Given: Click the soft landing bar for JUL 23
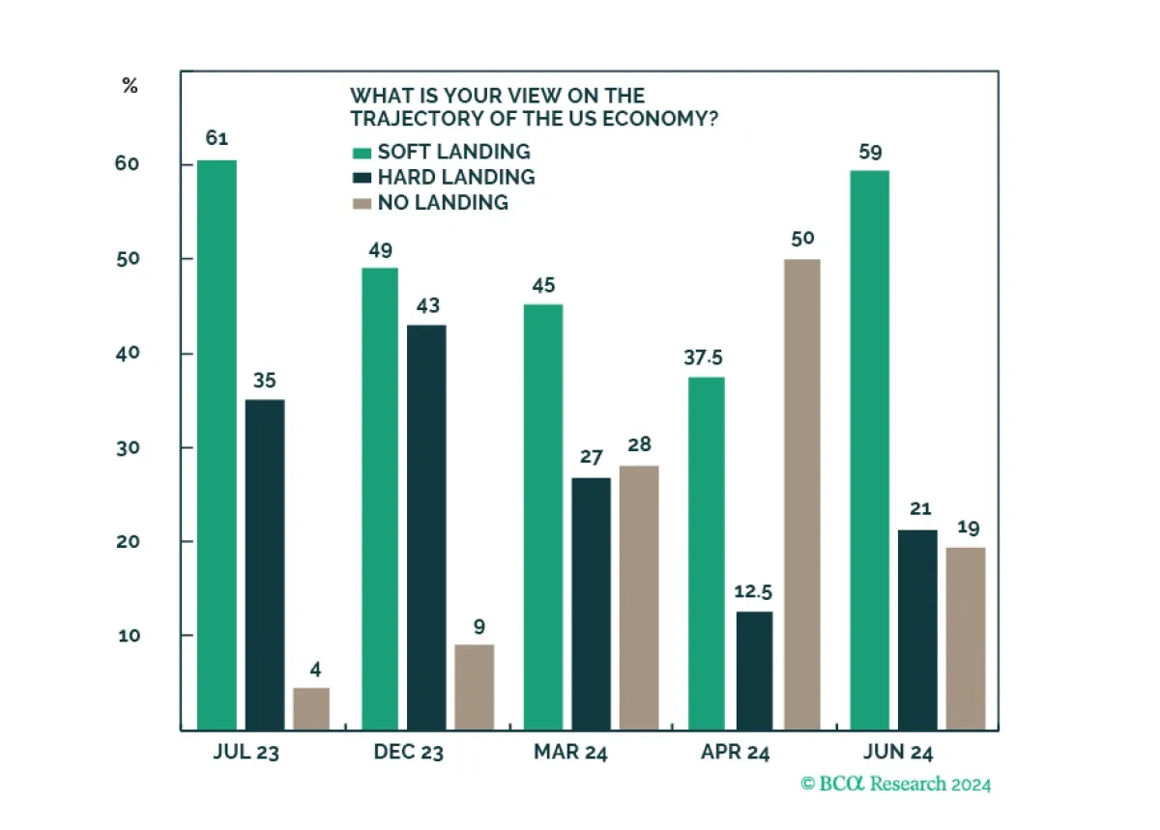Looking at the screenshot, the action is click(x=217, y=444).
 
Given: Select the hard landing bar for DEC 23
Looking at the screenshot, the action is click(x=426, y=528).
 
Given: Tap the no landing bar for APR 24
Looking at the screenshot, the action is click(x=802, y=494).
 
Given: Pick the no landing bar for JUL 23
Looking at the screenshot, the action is click(x=311, y=708).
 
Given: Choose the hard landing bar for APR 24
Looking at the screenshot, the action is click(x=754, y=671).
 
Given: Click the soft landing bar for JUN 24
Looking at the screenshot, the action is click(x=869, y=450).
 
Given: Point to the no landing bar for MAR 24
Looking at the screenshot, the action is click(x=639, y=597).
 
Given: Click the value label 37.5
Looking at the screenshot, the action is click(x=703, y=358).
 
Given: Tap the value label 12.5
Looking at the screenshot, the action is click(x=753, y=591).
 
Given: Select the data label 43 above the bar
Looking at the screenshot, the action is click(x=427, y=305).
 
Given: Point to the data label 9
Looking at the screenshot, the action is click(x=479, y=626).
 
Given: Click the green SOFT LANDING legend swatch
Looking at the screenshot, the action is click(x=362, y=153).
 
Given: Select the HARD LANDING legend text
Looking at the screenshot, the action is click(x=456, y=177).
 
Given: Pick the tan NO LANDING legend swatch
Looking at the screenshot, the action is click(x=362, y=204).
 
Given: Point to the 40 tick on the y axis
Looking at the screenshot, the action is click(x=128, y=354).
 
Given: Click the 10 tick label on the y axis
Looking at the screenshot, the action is click(x=129, y=636).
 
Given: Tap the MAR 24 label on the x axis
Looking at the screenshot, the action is click(x=570, y=752).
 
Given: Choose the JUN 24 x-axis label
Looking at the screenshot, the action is click(x=897, y=752).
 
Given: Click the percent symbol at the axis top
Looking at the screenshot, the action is click(x=130, y=85).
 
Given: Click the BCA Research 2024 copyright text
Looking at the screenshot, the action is click(x=895, y=784).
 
